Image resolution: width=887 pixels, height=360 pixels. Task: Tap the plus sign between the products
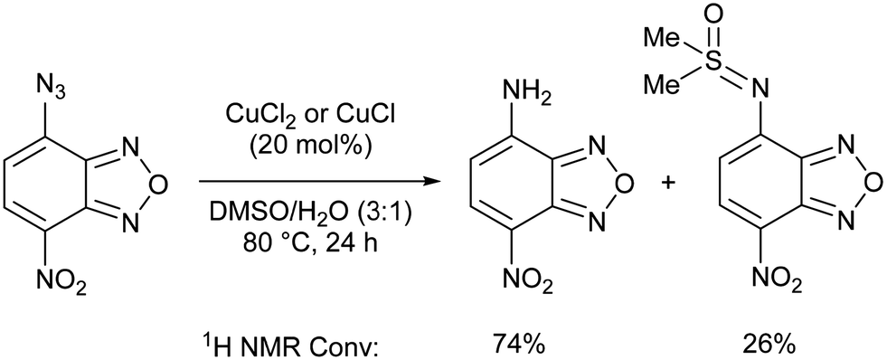point(670,185)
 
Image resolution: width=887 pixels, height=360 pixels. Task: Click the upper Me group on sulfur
point(661,38)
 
